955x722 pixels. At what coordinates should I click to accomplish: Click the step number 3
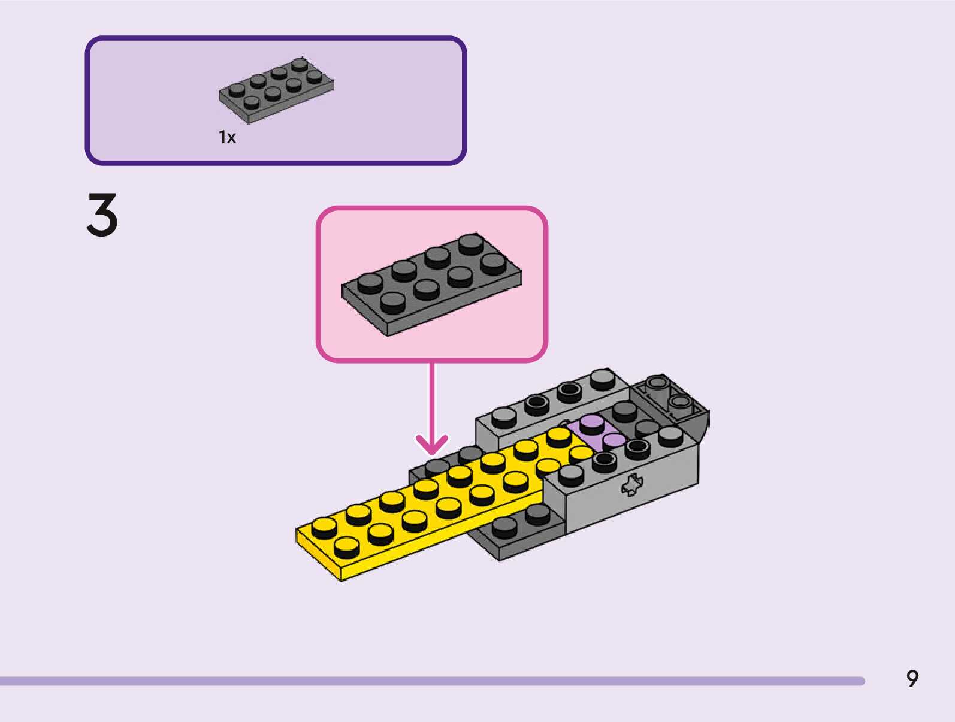[x=102, y=215]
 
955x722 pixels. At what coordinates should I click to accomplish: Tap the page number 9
[x=912, y=678]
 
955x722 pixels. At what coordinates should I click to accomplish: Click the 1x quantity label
[x=227, y=137]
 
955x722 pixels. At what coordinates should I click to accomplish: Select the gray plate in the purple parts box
[x=276, y=90]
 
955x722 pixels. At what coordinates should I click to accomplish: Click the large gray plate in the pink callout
[x=431, y=285]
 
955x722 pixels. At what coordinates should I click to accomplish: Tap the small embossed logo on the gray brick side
[x=631, y=485]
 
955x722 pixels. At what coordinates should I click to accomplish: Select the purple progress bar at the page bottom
[x=432, y=681]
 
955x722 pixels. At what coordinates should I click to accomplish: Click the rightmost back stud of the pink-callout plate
[x=471, y=244]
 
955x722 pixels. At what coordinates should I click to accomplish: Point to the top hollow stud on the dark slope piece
[x=657, y=383]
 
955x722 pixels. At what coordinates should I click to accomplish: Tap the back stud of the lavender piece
[x=592, y=424]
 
